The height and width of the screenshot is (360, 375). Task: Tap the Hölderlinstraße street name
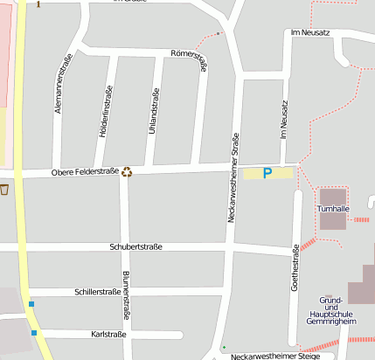(108, 114)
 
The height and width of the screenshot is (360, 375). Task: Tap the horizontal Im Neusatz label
(310, 32)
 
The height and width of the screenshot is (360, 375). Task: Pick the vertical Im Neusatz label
(283, 121)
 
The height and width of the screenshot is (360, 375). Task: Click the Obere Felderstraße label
(85, 172)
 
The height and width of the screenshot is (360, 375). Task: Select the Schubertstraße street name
(135, 247)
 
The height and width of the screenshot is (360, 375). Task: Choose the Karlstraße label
(109, 335)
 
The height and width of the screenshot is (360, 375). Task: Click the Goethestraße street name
(295, 270)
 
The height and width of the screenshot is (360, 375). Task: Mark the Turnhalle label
(333, 210)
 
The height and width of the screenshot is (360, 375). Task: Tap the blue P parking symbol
(267, 174)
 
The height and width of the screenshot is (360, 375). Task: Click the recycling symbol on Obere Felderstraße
(128, 171)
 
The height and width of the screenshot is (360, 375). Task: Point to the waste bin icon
(4, 189)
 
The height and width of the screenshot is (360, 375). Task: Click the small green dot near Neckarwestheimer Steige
(224, 348)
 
